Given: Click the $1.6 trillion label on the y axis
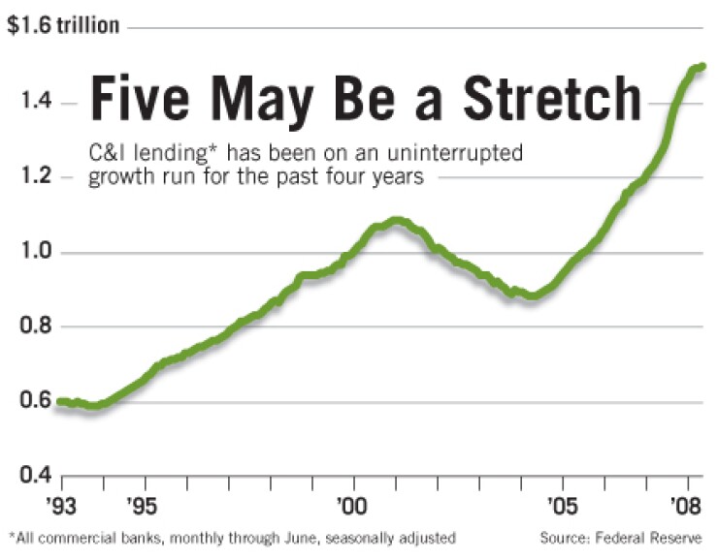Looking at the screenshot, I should pos(63,26).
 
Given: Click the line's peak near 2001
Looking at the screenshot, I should pos(395,221).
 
